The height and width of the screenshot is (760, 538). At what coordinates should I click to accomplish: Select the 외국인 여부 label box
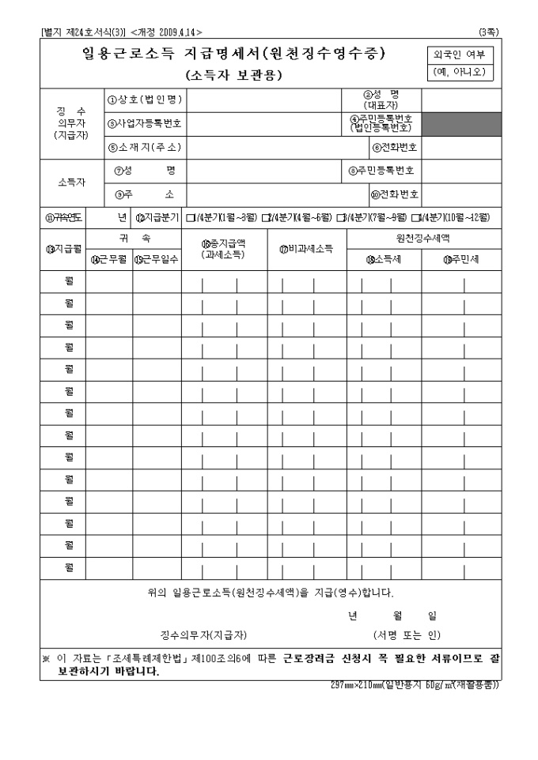[x=460, y=55]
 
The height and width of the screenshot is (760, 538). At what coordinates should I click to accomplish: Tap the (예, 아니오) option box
[x=460, y=73]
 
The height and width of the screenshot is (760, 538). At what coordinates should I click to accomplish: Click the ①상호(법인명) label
[x=146, y=100]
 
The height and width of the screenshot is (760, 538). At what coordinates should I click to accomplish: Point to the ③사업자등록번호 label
[x=146, y=123]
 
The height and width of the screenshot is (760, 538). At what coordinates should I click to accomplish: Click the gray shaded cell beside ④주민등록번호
[x=461, y=123]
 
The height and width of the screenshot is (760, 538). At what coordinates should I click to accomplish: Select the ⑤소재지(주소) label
[x=146, y=148]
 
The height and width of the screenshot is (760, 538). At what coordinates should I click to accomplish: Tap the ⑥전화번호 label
[x=395, y=148]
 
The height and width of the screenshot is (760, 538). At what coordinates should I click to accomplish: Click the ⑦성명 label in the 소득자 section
[x=146, y=171]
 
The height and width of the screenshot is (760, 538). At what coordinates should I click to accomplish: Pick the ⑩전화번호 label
[x=395, y=194]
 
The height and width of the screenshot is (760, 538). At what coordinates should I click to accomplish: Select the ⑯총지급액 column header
[x=224, y=249]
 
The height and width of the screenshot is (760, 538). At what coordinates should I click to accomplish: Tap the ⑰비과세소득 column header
[x=306, y=249]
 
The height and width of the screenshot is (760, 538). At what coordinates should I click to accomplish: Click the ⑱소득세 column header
[x=384, y=258]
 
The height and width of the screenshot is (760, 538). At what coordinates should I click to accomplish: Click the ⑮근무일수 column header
[x=157, y=259]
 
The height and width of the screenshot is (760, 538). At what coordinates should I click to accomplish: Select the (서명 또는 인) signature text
[x=407, y=634]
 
